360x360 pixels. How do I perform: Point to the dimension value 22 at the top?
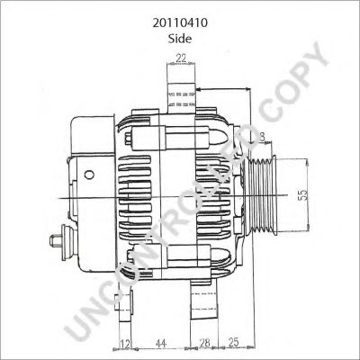pyautogui.click(x=180, y=58)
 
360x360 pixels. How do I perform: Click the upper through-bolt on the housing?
pyautogui.click(x=171, y=137)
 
